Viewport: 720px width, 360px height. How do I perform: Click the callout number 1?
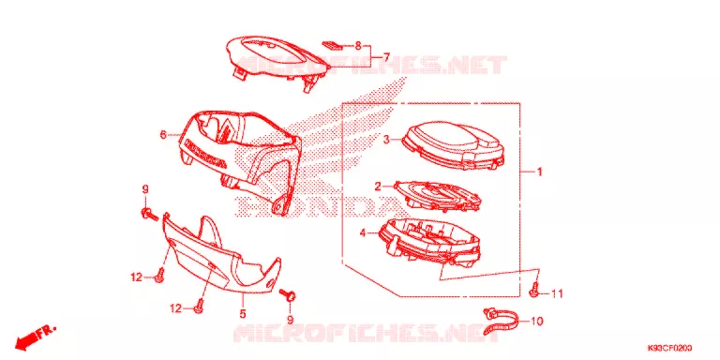(540, 172)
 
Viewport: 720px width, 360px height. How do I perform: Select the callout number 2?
(378, 187)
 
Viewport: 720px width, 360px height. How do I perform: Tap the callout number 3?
(386, 140)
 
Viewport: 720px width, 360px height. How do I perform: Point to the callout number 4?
(363, 233)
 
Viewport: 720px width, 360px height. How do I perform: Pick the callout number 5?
(243, 314)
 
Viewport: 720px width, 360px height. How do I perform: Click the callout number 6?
(162, 135)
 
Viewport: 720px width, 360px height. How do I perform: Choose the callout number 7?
(386, 57)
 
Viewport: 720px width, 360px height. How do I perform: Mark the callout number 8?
(358, 46)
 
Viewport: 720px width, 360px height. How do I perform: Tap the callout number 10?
(537, 322)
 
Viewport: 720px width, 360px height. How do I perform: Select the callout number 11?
(557, 293)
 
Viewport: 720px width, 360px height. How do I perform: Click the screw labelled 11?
(534, 291)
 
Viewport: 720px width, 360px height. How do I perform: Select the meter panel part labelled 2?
(439, 197)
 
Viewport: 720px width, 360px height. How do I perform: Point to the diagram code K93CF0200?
(670, 348)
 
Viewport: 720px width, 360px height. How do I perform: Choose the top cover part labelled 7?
(277, 60)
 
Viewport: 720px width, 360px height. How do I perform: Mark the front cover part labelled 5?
(220, 257)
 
